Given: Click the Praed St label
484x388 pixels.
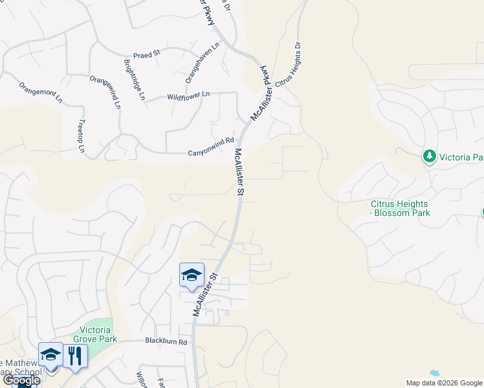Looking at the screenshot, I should tap(146, 56).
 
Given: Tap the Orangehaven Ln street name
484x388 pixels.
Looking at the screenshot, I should tap(203, 63).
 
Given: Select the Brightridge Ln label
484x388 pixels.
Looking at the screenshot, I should tap(134, 80).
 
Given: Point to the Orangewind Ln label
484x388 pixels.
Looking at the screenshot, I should tap(105, 91).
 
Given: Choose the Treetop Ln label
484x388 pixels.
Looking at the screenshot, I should tap(81, 136).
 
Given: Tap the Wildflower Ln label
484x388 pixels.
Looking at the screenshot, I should tap(188, 95).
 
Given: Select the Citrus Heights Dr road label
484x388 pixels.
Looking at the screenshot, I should tap(289, 65).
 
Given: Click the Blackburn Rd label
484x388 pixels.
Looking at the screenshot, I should tap(166, 341).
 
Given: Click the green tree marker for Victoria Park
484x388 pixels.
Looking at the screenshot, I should tap(428, 156).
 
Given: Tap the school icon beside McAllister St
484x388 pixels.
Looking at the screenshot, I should tap(192, 274).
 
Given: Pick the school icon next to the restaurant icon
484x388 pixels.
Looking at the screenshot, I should tap(50, 354).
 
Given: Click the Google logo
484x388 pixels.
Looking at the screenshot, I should tap(21, 380).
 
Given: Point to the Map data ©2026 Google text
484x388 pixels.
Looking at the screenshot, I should tap(444, 383).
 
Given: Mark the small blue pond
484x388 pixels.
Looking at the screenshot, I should tap(434, 373).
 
